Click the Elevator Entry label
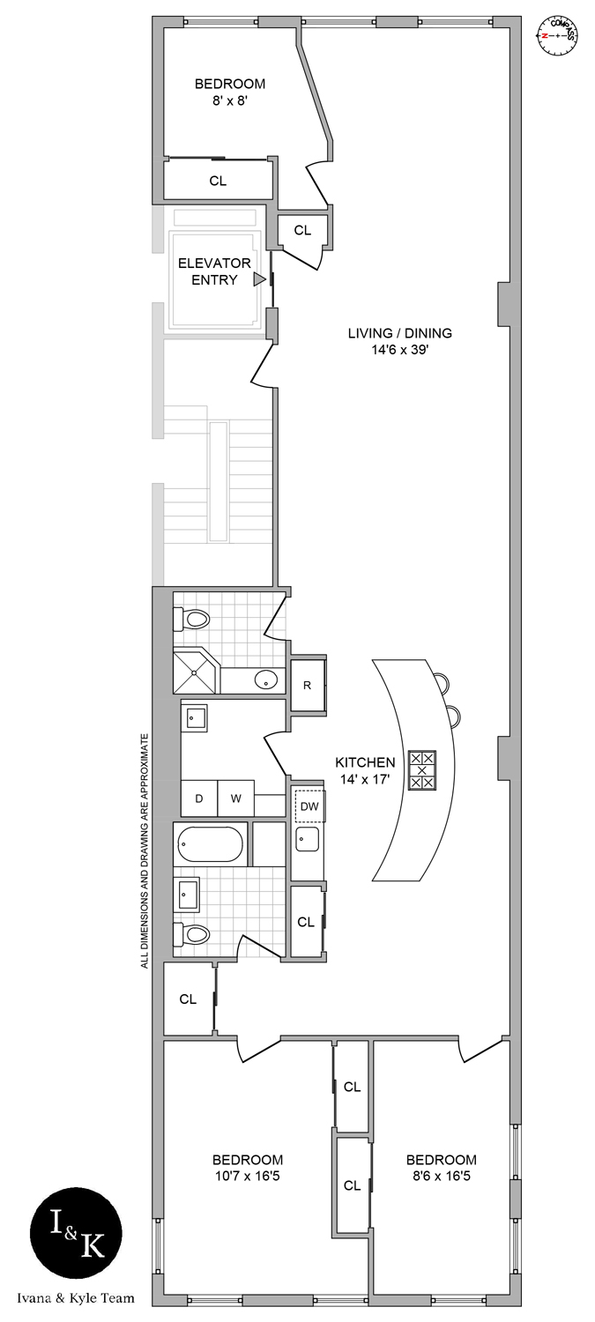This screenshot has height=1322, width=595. click(x=214, y=271)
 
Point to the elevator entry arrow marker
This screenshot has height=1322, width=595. click(x=259, y=279)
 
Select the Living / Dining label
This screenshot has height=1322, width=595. click(x=399, y=340)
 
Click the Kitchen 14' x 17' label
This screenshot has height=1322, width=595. click(x=364, y=769)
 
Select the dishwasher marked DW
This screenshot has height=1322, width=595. click(x=309, y=806)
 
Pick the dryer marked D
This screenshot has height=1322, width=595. click(x=199, y=798)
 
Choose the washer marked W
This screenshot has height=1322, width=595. click(x=236, y=798)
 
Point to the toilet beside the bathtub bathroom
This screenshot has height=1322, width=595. click(x=194, y=934)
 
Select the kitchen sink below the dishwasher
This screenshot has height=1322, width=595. click(x=308, y=839)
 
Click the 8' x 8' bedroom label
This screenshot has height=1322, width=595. click(x=229, y=93)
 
